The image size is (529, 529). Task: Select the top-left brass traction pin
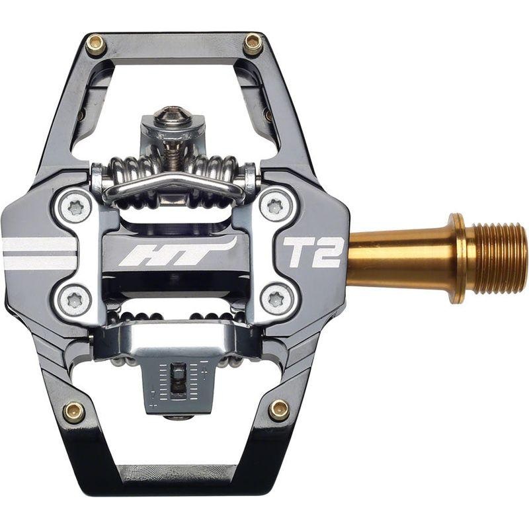pyautogui.click(x=96, y=45)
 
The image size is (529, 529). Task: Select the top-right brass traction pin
pyautogui.click(x=253, y=45)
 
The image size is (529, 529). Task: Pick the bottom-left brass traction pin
pyautogui.click(x=73, y=412)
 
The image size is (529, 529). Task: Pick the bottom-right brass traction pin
pyautogui.click(x=279, y=410)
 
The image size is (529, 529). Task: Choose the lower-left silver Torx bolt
pyautogui.click(x=75, y=300)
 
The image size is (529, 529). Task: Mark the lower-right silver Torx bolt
pyautogui.click(x=273, y=301)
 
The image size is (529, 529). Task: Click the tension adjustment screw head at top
pyautogui.click(x=173, y=118)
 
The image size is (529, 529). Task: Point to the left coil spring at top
pyautogui.click(x=128, y=173)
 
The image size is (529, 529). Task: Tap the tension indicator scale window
pyautogui.click(x=177, y=382)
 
